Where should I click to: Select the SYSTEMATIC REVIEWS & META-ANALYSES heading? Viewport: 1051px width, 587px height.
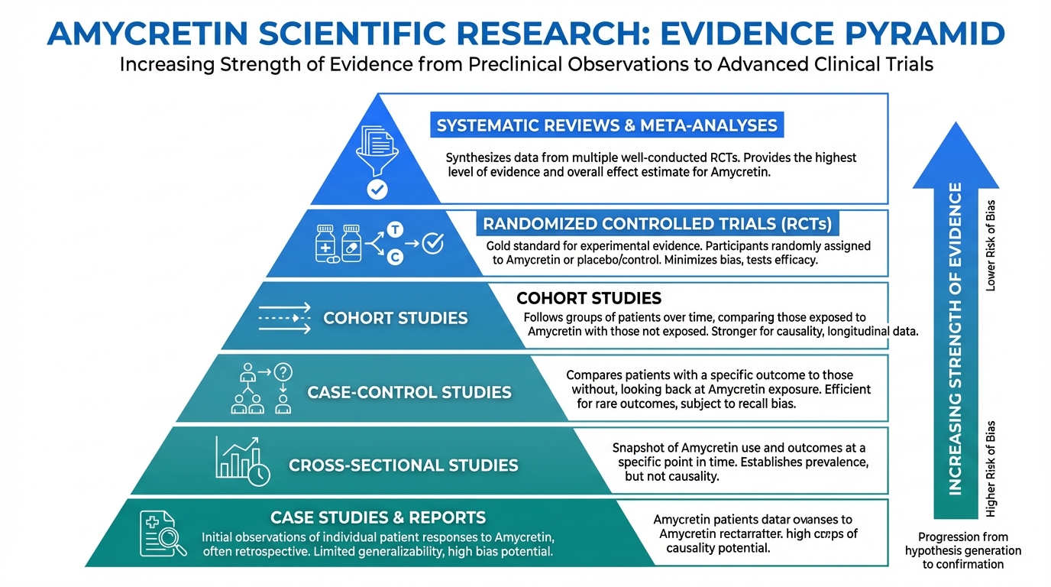(x=606, y=125)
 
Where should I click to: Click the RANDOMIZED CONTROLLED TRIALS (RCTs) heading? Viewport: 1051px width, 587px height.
(x=657, y=225)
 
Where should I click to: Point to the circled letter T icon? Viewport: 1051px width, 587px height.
(x=395, y=229)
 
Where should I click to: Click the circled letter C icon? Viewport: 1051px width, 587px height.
(x=395, y=258)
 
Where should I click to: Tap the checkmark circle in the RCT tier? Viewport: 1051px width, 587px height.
(x=432, y=243)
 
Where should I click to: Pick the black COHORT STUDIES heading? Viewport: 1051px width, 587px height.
(x=589, y=298)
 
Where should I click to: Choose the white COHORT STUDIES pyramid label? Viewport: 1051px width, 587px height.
(x=396, y=318)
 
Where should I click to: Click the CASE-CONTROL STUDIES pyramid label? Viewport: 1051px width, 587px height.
(x=409, y=392)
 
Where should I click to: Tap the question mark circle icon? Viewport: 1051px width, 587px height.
(x=283, y=372)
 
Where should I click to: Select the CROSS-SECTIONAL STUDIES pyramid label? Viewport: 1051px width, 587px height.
(x=403, y=465)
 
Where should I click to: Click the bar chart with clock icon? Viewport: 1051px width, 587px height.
(x=242, y=460)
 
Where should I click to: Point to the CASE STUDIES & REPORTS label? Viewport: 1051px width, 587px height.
(x=378, y=517)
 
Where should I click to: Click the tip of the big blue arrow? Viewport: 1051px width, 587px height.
(x=954, y=123)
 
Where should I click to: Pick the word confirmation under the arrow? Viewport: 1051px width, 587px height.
(x=963, y=565)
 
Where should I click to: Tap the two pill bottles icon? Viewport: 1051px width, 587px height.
(x=339, y=243)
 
